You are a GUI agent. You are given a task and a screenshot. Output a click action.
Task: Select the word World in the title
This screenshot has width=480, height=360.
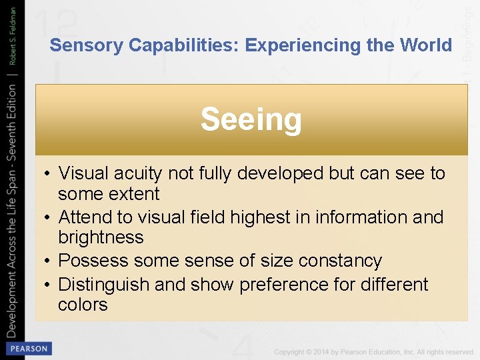(x=427, y=45)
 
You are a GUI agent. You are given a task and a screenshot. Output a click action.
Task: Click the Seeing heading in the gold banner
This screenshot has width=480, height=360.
(x=251, y=120)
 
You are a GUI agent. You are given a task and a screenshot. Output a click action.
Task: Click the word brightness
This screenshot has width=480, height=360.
(x=101, y=237)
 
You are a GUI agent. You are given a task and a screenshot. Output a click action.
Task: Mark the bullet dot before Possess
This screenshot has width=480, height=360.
(x=50, y=261)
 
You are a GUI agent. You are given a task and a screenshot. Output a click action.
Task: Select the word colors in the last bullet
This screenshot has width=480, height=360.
(x=83, y=305)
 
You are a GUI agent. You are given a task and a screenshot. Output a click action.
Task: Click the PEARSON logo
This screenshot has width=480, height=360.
(x=28, y=349)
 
